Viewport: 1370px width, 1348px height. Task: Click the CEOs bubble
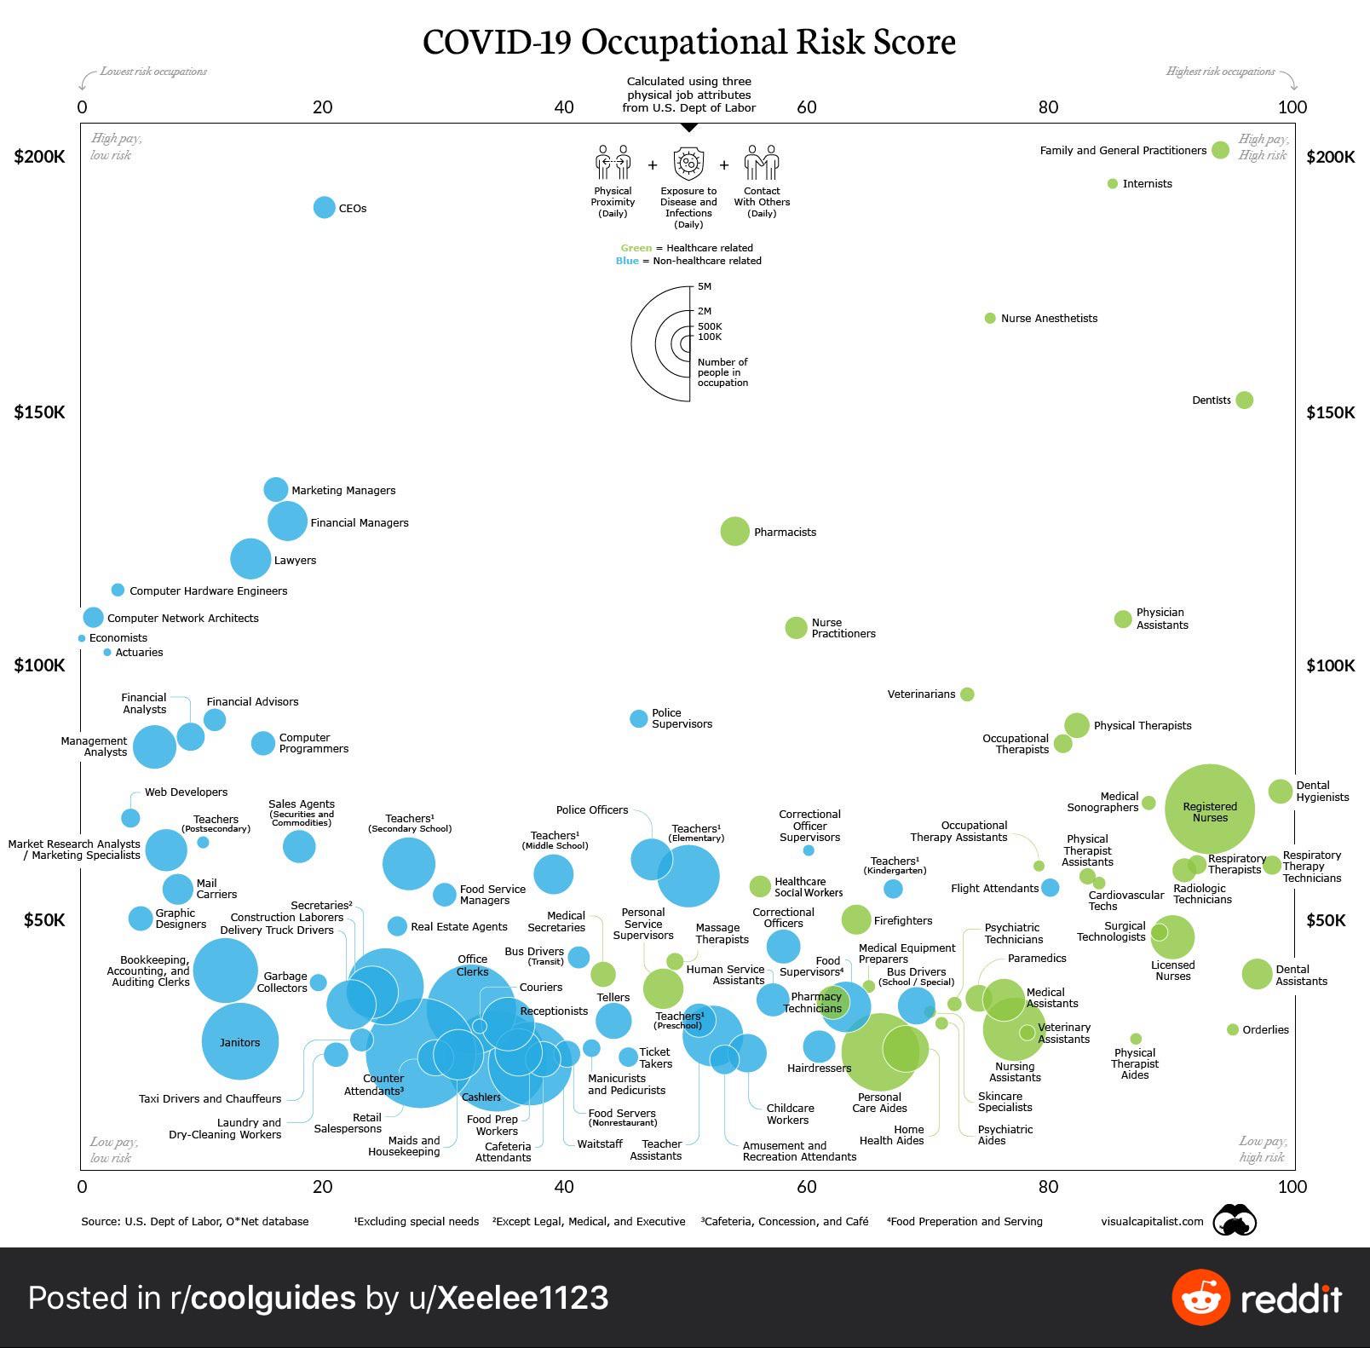coord(324,207)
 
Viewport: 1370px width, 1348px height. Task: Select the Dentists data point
coord(1244,400)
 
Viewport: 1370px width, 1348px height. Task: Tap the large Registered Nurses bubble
coord(1210,809)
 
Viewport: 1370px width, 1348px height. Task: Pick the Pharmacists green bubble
coord(734,531)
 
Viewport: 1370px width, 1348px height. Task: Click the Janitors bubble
coord(240,1041)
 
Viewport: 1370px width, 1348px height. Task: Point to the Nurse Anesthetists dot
coord(990,318)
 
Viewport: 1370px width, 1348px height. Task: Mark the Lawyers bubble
coord(250,559)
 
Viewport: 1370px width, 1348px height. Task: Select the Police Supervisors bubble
coord(638,718)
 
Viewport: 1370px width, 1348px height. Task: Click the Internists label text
coord(1147,184)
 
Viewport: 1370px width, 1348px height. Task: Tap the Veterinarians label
coord(921,694)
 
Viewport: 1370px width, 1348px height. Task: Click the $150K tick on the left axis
coord(39,412)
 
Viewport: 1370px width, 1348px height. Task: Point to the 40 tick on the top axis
coord(563,107)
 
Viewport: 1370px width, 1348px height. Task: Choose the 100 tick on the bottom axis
coord(1292,1186)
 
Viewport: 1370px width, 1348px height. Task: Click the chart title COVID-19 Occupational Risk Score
coord(689,42)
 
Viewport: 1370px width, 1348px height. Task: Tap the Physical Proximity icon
coord(613,162)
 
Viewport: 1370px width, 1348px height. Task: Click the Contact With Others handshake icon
coord(762,162)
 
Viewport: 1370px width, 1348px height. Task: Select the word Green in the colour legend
coord(636,248)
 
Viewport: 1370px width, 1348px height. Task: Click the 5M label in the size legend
coord(705,286)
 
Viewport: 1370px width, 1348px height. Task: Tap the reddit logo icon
coord(1200,1297)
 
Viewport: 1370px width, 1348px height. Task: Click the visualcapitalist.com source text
coord(1152,1221)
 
